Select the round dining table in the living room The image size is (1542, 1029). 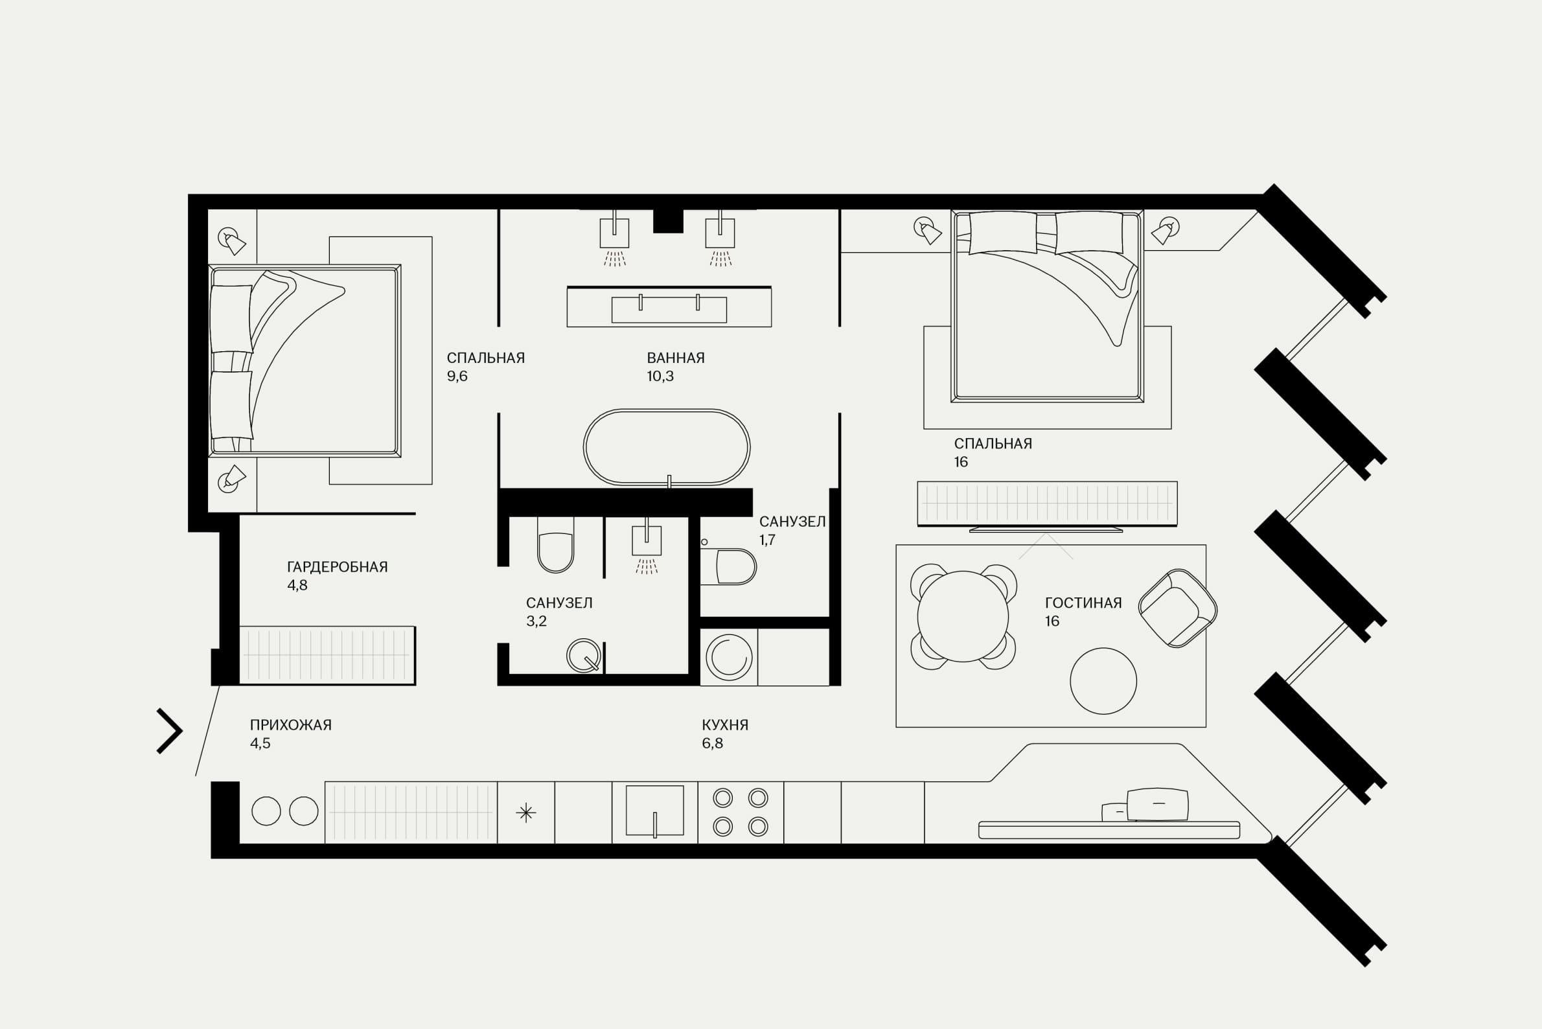tap(963, 616)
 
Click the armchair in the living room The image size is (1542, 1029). tap(1178, 608)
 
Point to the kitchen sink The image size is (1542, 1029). tap(655, 811)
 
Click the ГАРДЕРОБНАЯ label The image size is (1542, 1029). tap(338, 567)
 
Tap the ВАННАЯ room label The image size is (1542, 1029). tap(676, 358)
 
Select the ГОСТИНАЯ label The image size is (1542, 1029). tap(1083, 603)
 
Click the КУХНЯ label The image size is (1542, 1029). tap(725, 725)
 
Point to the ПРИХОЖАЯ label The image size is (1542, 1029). tap(291, 725)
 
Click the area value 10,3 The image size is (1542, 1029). tap(660, 376)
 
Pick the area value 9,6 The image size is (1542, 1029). tap(457, 376)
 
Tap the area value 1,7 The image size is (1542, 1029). tap(767, 540)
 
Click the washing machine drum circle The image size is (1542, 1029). tap(729, 657)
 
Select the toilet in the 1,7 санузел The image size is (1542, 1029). tap(728, 566)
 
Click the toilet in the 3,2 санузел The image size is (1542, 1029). tap(556, 545)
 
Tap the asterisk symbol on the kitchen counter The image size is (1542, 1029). tap(525, 813)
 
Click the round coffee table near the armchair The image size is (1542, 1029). tap(1103, 681)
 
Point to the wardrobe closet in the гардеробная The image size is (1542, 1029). tap(327, 656)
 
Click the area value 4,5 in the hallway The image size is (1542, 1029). tap(260, 743)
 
